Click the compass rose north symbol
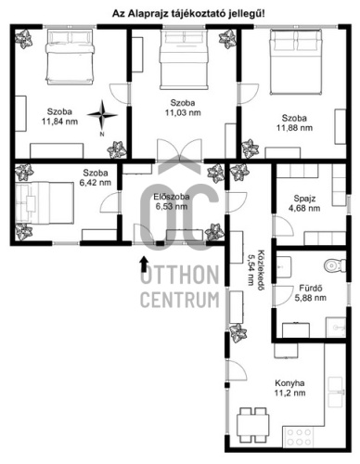pos(102,115)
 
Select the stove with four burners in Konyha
pos(299,436)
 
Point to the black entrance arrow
pos(144,264)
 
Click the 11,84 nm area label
pos(60,122)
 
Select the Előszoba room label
pos(172,197)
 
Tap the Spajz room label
pos(304,199)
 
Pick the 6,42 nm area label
pos(96,182)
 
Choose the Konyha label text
pos(289,383)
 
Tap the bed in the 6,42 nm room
pos(45,202)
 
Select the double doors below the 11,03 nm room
pos(179,150)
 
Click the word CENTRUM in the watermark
pos(180,299)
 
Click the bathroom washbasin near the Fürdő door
pos(283,266)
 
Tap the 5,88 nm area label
pos(310,298)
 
